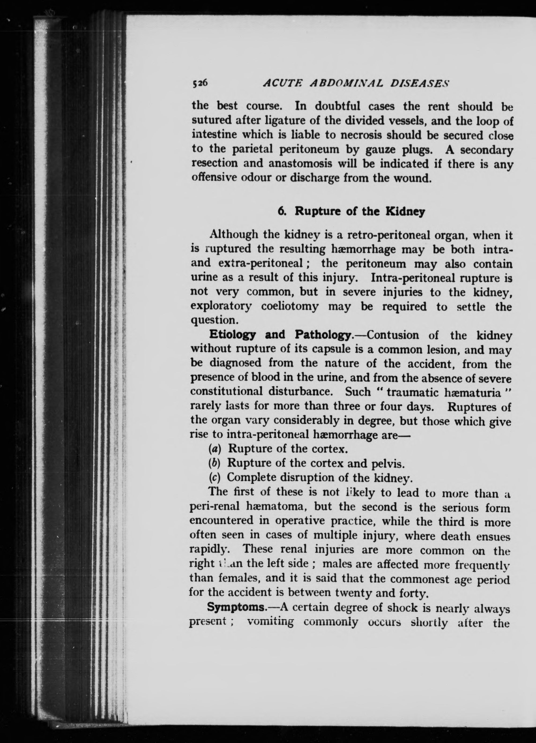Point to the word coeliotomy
[290, 307]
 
